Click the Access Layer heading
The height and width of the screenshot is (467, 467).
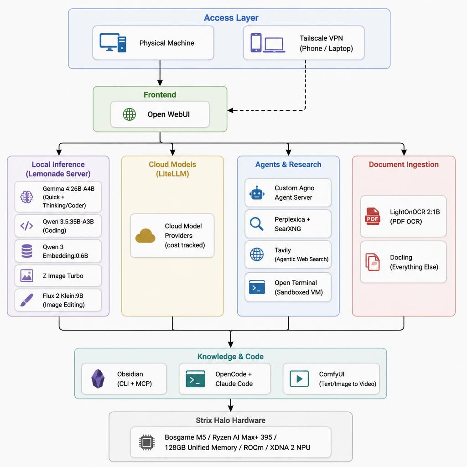tap(231, 18)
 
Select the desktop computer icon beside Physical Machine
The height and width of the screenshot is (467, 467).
tap(113, 43)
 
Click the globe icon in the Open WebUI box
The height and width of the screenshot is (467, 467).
tap(130, 114)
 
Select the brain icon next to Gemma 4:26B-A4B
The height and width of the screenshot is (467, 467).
tap(27, 197)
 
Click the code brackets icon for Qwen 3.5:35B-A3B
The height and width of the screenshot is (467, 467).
tap(27, 226)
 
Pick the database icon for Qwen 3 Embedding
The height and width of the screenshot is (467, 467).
tap(27, 251)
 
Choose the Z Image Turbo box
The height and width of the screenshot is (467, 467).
tap(58, 276)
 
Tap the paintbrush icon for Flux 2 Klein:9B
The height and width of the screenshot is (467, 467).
tap(27, 300)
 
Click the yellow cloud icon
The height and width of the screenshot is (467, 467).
tap(145, 236)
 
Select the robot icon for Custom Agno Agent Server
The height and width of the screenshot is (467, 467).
tap(257, 193)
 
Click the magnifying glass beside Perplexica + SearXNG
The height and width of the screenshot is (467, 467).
tap(257, 224)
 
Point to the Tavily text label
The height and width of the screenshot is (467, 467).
tap(283, 250)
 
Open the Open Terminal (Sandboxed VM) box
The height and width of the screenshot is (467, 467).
tap(288, 287)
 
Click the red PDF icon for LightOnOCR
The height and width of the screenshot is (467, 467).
tap(373, 216)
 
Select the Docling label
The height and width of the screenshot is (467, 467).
tap(401, 258)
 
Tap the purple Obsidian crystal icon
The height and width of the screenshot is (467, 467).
tap(98, 379)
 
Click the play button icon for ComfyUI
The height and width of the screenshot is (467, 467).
tap(299, 379)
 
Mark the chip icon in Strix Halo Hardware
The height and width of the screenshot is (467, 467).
tap(146, 442)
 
